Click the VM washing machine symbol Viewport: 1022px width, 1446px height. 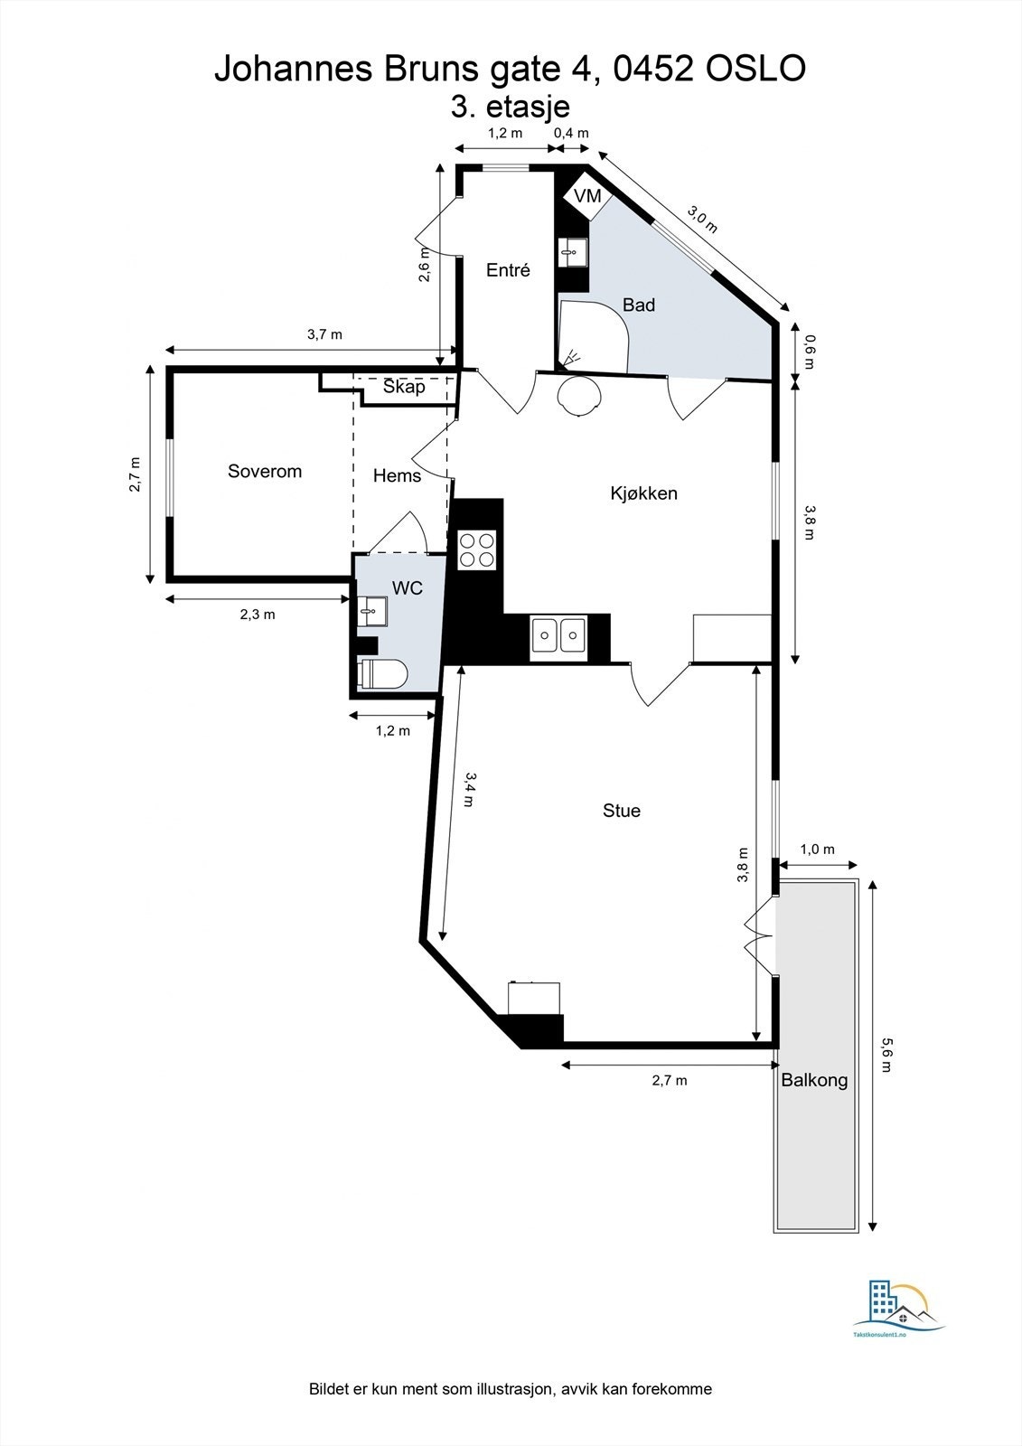(x=586, y=196)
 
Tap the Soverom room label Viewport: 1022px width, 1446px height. (x=265, y=471)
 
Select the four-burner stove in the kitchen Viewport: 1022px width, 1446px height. (x=477, y=549)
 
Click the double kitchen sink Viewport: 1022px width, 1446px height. (x=558, y=634)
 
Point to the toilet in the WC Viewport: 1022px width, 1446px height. (x=384, y=674)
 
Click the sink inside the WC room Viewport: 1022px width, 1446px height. (x=371, y=612)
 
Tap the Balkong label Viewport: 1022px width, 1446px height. (x=814, y=1079)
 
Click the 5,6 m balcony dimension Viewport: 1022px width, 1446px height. (x=886, y=1054)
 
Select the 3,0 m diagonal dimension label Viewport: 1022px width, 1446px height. (x=702, y=220)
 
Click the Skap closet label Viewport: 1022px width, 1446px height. (x=404, y=387)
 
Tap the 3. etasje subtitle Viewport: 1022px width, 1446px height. (x=511, y=107)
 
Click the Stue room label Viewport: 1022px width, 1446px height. (x=622, y=811)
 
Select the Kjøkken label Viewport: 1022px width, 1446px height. (x=643, y=493)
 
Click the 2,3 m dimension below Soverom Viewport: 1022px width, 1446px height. (x=258, y=615)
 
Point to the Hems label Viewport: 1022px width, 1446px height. (x=397, y=475)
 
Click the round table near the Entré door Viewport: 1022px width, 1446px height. (x=578, y=396)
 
